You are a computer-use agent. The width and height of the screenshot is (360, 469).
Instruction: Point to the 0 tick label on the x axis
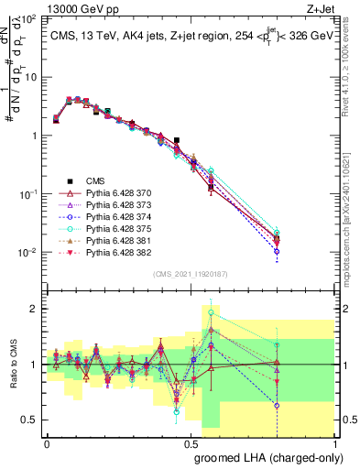48,442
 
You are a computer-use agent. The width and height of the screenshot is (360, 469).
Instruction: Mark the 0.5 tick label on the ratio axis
28,420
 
